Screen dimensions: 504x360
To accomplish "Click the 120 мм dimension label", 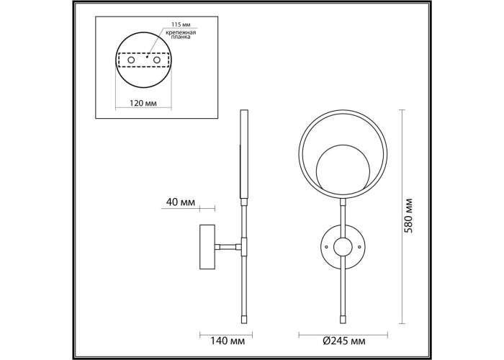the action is tap(143, 103).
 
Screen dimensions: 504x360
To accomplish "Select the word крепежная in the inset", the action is tap(181, 32).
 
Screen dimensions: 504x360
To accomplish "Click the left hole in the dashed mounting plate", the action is tap(131, 60).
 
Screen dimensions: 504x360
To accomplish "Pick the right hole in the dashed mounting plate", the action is tap(157, 60).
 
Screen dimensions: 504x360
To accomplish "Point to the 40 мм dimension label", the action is tap(180, 202).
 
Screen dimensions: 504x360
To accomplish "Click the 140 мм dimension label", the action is tap(228, 341).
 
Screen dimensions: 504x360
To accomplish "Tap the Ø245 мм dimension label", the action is tap(343, 341).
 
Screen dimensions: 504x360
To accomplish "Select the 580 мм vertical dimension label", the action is tap(408, 215).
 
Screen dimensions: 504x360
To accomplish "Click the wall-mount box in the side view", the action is tap(207, 247).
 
